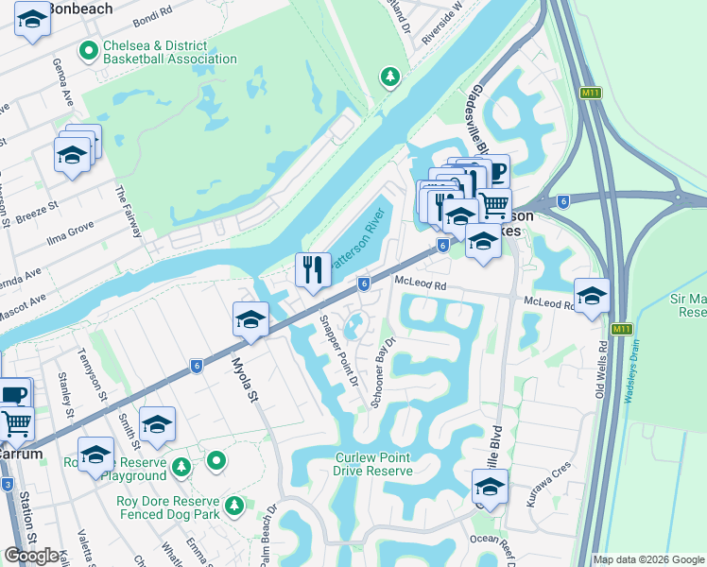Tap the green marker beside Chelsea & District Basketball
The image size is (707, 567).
[x=90, y=52]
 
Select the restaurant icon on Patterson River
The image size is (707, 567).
[x=313, y=270]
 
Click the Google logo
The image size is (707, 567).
[x=32, y=556]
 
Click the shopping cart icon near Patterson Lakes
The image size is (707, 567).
[x=494, y=204]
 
